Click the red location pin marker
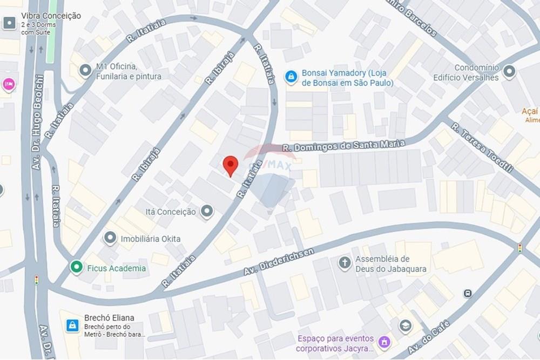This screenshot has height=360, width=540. [x=231, y=165]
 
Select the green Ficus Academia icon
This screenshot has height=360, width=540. [x=76, y=267]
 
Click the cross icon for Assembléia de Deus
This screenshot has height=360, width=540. [x=345, y=263]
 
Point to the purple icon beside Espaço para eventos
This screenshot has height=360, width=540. [x=384, y=342]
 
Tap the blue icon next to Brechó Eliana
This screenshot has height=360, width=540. [x=72, y=325]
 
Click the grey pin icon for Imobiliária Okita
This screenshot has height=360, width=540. [x=110, y=238]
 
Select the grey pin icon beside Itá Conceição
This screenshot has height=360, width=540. [x=207, y=212]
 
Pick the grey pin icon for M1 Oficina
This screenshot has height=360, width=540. [x=85, y=71]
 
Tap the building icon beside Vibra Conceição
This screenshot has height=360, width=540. [x=9, y=23]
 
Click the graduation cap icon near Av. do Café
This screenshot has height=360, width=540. [x=405, y=325]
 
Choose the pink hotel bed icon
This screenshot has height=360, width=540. [x=9, y=84]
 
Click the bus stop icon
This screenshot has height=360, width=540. [x=468, y=293]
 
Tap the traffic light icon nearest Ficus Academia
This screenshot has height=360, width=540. [x=37, y=280]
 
